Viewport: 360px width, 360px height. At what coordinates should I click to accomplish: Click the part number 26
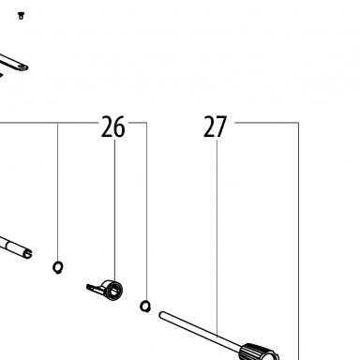click(x=112, y=127)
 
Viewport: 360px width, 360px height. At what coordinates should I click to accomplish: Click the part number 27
click(x=215, y=127)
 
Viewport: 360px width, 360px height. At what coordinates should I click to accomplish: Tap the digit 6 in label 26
click(x=119, y=127)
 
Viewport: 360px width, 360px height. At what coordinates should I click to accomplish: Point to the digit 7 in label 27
click(x=221, y=127)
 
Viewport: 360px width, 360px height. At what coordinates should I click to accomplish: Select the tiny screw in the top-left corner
click(x=21, y=15)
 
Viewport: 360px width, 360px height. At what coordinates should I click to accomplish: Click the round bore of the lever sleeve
click(x=114, y=291)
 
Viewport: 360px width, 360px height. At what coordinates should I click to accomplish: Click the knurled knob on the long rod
click(x=259, y=352)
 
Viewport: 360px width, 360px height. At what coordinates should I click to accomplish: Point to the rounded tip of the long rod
click(x=162, y=314)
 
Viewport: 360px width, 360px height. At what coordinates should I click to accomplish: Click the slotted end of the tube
click(x=27, y=253)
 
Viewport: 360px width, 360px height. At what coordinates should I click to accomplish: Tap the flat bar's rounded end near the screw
click(x=23, y=67)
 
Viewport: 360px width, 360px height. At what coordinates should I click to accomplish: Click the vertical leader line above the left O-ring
click(x=57, y=192)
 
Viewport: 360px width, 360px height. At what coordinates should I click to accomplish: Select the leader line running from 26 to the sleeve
click(x=114, y=210)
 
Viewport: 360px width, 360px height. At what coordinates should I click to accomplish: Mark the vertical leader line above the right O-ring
click(x=146, y=211)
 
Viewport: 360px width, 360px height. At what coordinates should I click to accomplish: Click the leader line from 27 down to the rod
click(x=217, y=239)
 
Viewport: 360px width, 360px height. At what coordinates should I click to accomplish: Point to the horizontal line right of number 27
click(x=266, y=123)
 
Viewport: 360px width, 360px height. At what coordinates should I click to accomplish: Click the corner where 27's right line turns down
click(x=298, y=123)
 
